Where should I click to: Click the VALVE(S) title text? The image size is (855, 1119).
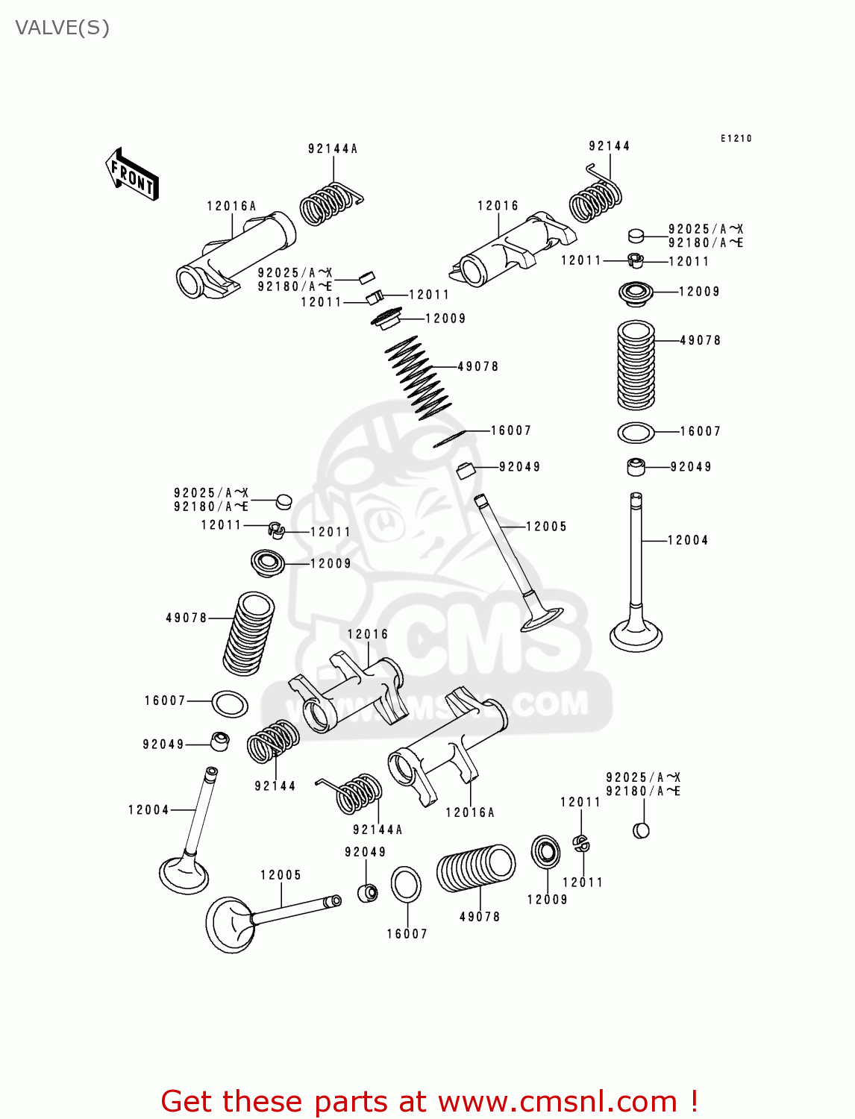[x=62, y=28]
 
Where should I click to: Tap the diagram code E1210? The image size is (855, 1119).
[x=736, y=138]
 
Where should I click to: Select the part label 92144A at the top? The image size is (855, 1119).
[x=333, y=148]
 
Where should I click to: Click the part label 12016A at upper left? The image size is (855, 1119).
[x=231, y=206]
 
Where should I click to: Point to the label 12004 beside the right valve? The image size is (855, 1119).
[x=687, y=540]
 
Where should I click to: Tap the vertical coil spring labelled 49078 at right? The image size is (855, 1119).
[x=636, y=366]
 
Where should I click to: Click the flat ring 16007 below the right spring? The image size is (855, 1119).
[x=636, y=432]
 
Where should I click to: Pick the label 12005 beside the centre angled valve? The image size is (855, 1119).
[x=546, y=527]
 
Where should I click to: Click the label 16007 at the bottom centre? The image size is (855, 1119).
[x=407, y=934]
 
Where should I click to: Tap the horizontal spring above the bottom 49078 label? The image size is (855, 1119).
[x=477, y=868]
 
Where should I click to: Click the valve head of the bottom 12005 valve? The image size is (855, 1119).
[x=228, y=924]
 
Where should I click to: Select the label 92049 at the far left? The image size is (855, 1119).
[x=163, y=745]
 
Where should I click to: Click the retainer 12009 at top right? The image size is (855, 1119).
[x=636, y=293]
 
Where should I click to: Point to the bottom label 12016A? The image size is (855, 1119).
[x=470, y=812]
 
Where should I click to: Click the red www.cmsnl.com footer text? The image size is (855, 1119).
[x=429, y=1101]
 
